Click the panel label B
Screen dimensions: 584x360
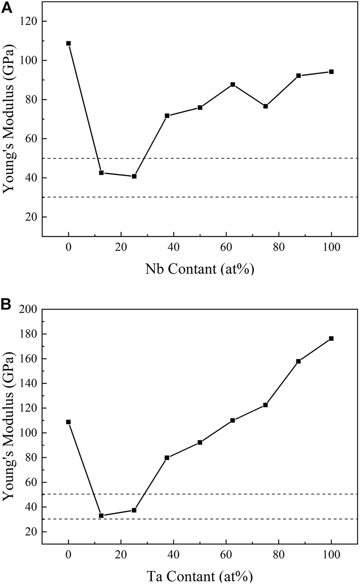coord(6,305)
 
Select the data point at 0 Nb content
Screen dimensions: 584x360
coord(69,43)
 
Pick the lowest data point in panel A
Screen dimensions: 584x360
coord(134,176)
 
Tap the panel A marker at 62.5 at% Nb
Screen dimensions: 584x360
coord(233,84)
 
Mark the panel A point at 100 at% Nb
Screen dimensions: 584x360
coord(331,72)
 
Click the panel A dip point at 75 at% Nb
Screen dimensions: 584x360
coord(265,106)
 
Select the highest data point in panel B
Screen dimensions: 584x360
coord(331,338)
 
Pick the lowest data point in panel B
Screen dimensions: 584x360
coord(101,515)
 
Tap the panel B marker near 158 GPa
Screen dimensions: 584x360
coord(298,361)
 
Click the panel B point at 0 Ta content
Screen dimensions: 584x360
coord(69,422)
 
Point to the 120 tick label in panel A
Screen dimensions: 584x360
coord(28,21)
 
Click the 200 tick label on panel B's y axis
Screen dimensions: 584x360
coord(28,310)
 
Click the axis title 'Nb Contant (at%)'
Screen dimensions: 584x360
coord(199,269)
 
